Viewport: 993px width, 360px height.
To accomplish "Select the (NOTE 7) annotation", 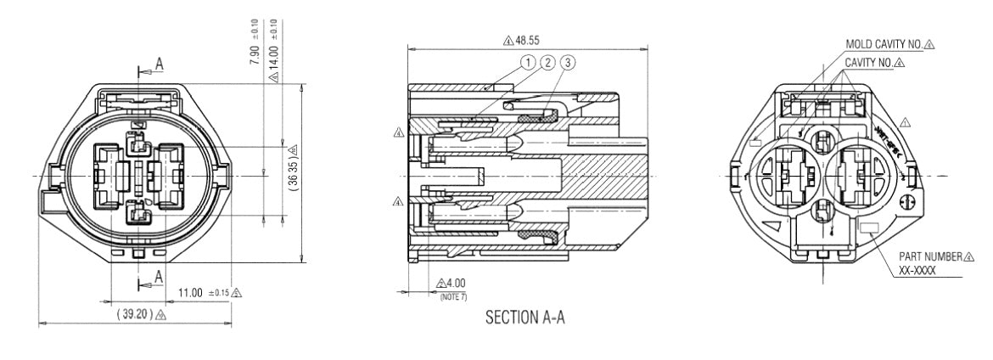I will [453, 294].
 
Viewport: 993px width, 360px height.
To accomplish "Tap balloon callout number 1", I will [529, 62].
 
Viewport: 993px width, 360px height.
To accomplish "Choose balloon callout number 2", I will [547, 62].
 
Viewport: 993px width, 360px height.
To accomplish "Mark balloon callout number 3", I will [567, 62].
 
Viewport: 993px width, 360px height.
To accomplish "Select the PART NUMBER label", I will [930, 256].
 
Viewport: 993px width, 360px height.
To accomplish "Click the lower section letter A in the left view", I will [159, 274].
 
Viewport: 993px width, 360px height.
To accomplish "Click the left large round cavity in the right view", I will [788, 175].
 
